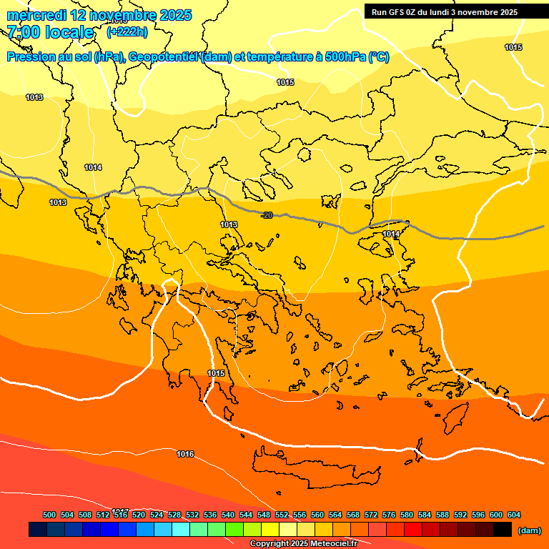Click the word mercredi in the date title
coord(37,15)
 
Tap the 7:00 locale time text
coord(50,32)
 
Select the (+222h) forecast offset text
coord(127,31)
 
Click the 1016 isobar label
coord(185,454)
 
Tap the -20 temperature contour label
coord(267,215)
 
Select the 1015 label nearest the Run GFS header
coord(513,47)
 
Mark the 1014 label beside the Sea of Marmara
coord(391,234)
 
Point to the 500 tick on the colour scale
coord(49,515)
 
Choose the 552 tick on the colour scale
coord(282,515)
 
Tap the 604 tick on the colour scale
coord(514,515)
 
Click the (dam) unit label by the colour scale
coord(530,530)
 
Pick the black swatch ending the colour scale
coord(503,530)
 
